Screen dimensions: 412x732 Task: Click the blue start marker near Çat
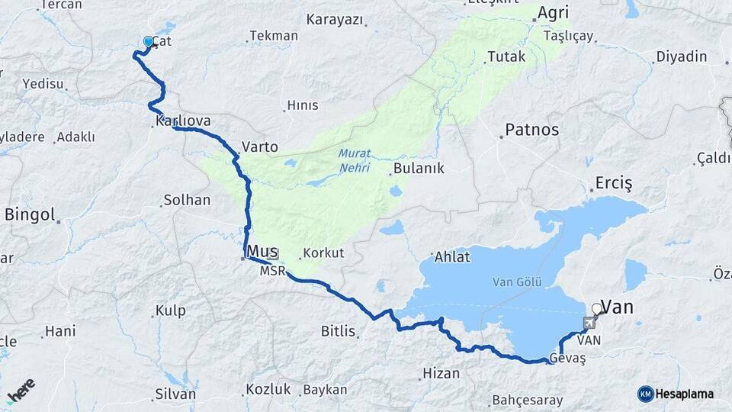148,41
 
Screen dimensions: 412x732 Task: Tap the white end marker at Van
596,310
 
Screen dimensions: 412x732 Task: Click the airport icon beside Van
589,324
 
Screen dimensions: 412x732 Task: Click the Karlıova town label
183,121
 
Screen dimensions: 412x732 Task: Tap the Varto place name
259,146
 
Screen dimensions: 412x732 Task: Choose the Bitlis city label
339,331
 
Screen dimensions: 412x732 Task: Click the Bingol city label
30,215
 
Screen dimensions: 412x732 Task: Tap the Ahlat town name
452,256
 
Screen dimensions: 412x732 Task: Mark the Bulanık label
419,168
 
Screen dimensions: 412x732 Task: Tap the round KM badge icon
646,394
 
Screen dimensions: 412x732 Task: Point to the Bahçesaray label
528,400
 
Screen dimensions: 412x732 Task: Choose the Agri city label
553,13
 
